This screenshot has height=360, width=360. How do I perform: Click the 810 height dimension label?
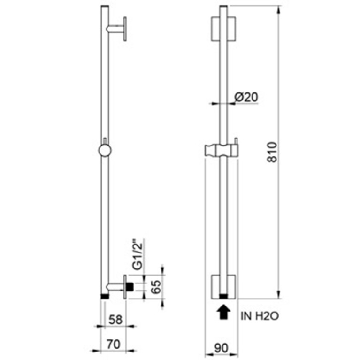pyautogui.click(x=273, y=152)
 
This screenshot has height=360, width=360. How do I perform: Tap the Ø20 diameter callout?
pyautogui.click(x=246, y=97)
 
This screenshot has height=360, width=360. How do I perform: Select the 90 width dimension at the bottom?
pyautogui.click(x=222, y=348)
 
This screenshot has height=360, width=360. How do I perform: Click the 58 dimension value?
pyautogui.click(x=115, y=320)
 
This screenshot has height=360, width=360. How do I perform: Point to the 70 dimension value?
pyautogui.click(x=114, y=345)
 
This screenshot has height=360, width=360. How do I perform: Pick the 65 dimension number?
pyautogui.click(x=157, y=287)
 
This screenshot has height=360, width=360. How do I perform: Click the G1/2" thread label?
pyautogui.click(x=138, y=254)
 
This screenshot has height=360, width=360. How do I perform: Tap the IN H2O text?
pyautogui.click(x=260, y=316)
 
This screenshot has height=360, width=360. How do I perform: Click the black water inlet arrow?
pyautogui.click(x=223, y=312)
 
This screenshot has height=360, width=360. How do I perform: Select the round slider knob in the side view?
pyautogui.click(x=105, y=151)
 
